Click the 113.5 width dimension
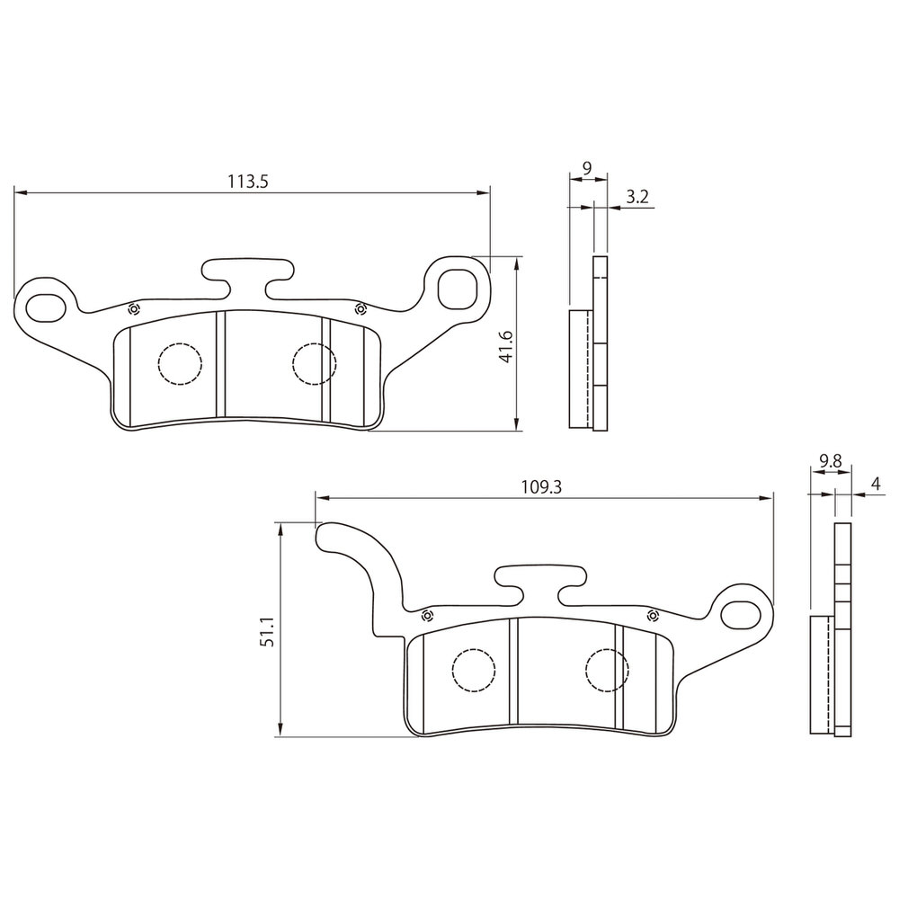click(x=248, y=182)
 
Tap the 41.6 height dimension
click(x=506, y=346)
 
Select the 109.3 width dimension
click(x=541, y=487)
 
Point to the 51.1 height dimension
click(x=268, y=631)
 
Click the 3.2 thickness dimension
click(x=637, y=197)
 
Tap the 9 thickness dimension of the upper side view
click(x=586, y=168)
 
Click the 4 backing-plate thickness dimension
click(x=876, y=484)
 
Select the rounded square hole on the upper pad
click(x=458, y=288)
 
